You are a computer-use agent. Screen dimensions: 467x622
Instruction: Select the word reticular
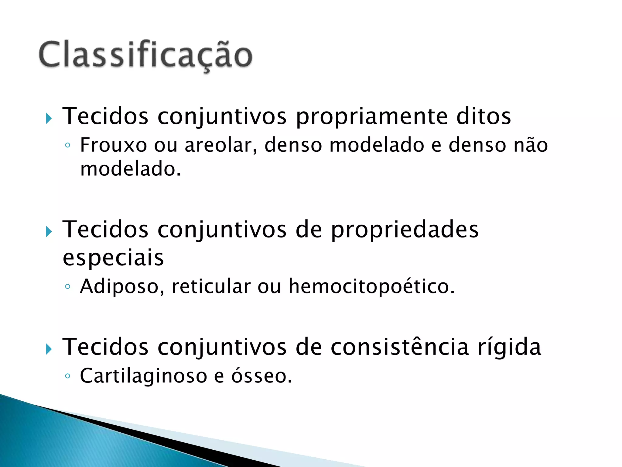click(x=211, y=286)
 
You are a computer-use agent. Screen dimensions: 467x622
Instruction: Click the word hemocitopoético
click(x=371, y=287)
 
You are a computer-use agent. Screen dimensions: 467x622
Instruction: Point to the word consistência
click(x=400, y=347)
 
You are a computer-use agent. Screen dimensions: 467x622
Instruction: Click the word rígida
click(x=509, y=347)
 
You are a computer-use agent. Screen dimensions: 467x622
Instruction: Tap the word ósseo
click(x=261, y=376)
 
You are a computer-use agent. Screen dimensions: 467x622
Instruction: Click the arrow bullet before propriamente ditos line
click(x=49, y=118)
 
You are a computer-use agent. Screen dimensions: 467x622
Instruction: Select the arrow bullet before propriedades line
click(x=49, y=232)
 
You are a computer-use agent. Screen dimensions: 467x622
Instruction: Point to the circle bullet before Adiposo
click(x=67, y=286)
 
